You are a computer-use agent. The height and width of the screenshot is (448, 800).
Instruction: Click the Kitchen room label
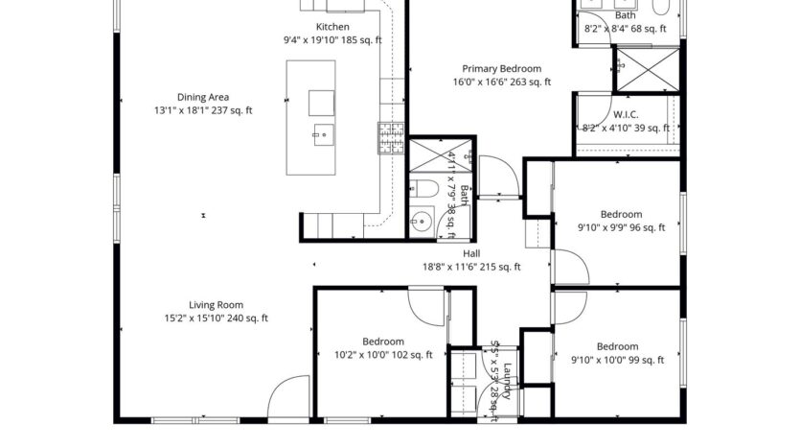pos(332,27)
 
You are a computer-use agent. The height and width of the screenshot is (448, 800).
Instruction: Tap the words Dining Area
pos(202,97)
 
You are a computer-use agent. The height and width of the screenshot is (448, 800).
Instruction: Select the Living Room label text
pos(202,305)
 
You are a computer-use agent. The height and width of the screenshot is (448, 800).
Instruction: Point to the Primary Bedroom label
pos(501,69)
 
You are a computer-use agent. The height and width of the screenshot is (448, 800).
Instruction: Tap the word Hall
pos(471,254)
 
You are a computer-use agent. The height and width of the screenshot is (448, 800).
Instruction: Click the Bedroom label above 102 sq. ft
pos(382,342)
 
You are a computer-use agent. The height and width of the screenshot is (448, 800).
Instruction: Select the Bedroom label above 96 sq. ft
pos(621,215)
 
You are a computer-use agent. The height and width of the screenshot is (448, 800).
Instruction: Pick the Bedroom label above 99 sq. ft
pos(617,347)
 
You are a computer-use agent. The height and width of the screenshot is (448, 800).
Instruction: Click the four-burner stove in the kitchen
pos(391,139)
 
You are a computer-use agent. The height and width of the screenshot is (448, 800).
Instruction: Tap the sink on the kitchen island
pos(321,135)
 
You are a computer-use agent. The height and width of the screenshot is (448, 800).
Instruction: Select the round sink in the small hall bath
pos(420,221)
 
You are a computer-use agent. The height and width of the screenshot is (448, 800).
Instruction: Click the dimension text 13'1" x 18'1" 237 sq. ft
pos(202,110)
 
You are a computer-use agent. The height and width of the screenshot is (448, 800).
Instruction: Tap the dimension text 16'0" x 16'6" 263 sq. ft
pos(501,83)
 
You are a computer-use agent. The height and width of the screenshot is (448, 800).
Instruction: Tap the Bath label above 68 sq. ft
pos(625,15)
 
